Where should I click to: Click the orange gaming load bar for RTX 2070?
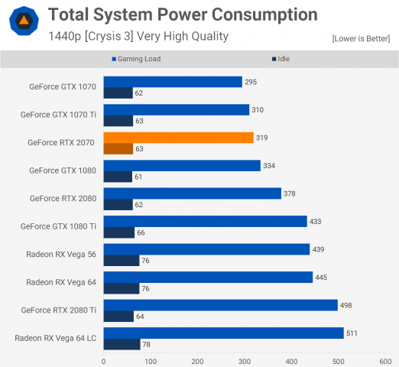point(178,138)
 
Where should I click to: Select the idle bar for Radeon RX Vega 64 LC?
point(122,344)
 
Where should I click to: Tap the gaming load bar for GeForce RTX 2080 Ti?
point(220,305)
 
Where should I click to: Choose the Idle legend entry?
point(282,58)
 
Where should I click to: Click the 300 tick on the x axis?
point(245,361)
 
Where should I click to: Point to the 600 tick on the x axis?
point(385,361)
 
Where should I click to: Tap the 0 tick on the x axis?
point(104,361)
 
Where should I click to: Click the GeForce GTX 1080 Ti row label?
point(58,226)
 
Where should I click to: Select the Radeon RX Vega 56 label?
point(61,254)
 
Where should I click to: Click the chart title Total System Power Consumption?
point(183,15)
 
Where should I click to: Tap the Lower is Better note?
point(362,38)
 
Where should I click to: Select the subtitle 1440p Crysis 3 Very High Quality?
point(138,36)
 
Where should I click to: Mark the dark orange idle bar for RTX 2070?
point(118,148)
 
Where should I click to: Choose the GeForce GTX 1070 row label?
point(64,87)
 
